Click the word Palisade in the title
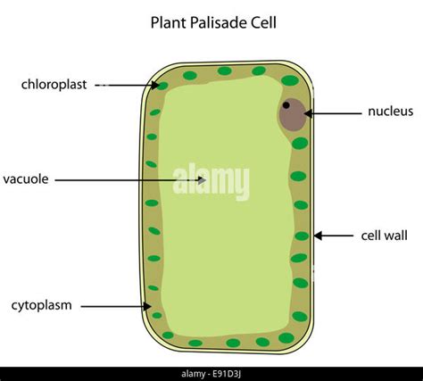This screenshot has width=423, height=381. (x=219, y=22)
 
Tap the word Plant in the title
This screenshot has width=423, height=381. (x=169, y=22)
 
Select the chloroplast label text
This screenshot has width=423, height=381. (x=54, y=85)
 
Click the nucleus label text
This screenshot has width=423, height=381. (x=391, y=112)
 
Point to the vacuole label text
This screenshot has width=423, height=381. (x=26, y=179)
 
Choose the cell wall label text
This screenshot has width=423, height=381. (x=384, y=236)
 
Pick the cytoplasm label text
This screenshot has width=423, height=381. (x=42, y=306)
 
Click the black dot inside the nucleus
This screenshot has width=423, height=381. (x=286, y=105)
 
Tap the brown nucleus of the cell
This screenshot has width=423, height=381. (x=293, y=115)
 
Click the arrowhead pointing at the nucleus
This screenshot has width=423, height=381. (x=308, y=113)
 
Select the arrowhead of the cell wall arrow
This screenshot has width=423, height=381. (x=318, y=236)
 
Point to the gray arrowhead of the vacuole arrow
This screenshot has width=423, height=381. (x=202, y=180)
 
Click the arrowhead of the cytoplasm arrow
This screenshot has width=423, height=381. (x=147, y=306)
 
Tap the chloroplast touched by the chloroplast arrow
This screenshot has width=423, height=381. (x=162, y=87)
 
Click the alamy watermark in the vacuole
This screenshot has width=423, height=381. (x=211, y=181)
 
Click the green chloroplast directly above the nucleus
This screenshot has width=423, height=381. (x=290, y=80)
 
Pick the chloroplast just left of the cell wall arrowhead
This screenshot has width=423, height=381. (x=302, y=236)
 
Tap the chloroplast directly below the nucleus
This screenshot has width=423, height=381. (x=300, y=144)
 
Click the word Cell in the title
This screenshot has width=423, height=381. (x=264, y=22)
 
